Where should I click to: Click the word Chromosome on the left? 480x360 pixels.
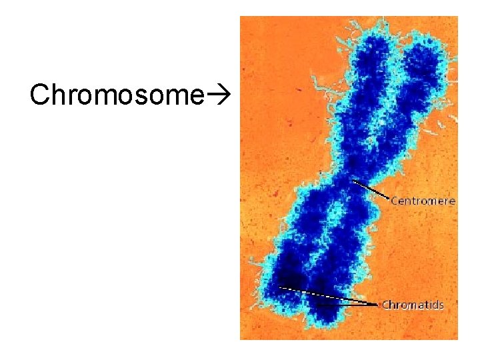pyautogui.click(x=115, y=95)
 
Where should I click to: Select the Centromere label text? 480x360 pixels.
pyautogui.click(x=423, y=200)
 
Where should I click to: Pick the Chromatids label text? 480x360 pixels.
pyautogui.click(x=413, y=305)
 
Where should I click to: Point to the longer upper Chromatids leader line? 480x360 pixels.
pyautogui.click(x=327, y=295)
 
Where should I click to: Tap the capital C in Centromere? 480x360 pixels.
pyautogui.click(x=395, y=200)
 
